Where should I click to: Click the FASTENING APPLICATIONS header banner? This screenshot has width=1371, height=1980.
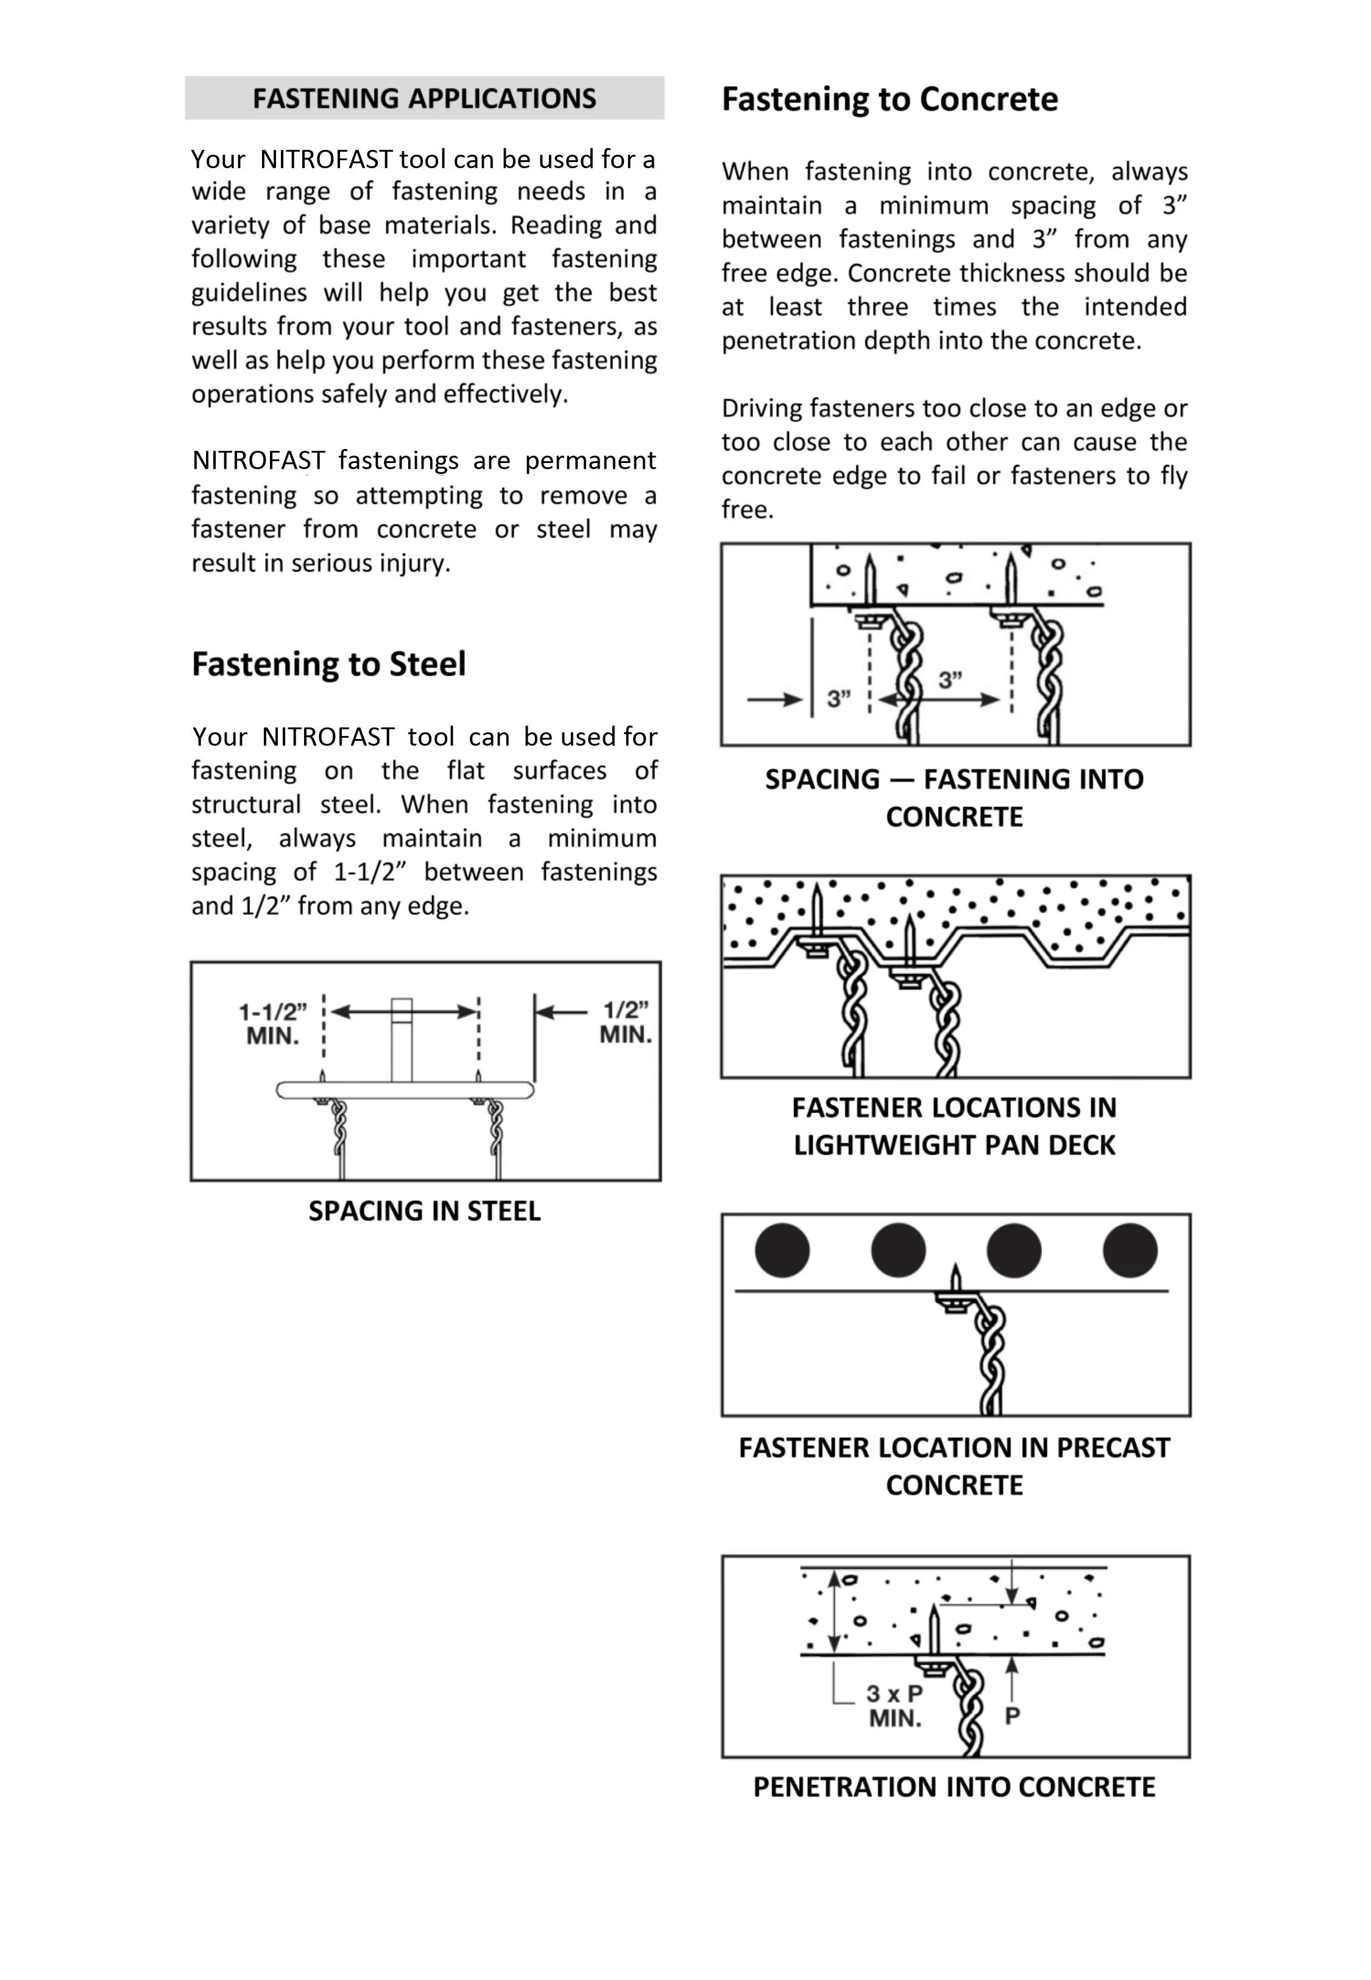click(424, 98)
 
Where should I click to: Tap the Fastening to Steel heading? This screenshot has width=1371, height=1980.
click(328, 663)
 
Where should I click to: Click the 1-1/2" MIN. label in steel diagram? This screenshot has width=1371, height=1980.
click(273, 1023)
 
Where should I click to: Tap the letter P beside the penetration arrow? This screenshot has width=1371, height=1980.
click(1013, 1716)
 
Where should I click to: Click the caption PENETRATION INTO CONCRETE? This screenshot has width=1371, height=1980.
click(954, 1781)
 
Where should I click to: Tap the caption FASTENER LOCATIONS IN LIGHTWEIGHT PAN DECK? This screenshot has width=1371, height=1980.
click(954, 1126)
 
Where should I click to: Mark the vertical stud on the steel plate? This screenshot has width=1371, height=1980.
click(401, 1040)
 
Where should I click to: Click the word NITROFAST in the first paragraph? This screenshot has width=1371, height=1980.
click(327, 160)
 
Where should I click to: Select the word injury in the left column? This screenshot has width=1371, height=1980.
click(419, 564)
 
